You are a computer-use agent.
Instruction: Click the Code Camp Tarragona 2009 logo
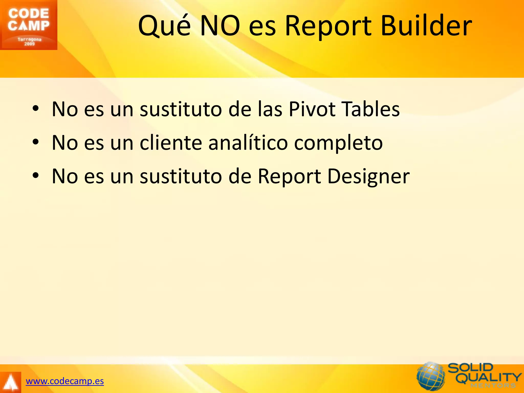[28, 25]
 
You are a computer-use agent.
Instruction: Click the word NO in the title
[220, 26]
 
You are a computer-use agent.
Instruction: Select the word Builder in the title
[426, 26]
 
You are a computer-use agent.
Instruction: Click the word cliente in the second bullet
[171, 143]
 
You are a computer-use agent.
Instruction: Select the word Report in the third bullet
[289, 177]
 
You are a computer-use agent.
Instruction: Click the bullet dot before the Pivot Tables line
[36, 108]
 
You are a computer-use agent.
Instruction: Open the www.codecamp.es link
[65, 381]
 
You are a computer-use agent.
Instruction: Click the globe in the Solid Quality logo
[431, 376]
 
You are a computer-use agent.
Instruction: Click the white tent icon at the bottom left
[10, 383]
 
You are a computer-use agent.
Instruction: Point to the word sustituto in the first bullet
[181, 109]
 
